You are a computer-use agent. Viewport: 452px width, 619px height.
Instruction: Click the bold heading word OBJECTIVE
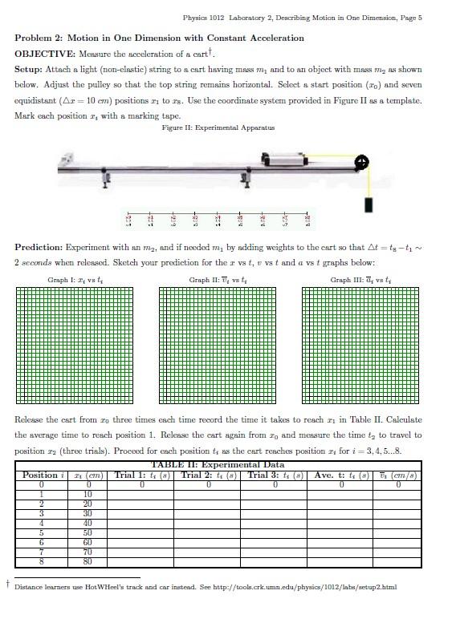point(43,54)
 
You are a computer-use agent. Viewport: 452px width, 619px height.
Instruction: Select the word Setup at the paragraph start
point(30,69)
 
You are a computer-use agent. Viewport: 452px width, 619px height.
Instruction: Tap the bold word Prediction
point(39,248)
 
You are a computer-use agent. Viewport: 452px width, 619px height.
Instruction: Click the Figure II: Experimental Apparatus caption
point(218,128)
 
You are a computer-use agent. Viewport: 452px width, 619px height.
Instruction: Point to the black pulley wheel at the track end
point(363,163)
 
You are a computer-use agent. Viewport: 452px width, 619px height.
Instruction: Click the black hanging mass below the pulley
point(369,204)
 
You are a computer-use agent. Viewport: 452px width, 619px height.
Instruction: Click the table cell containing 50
point(88,532)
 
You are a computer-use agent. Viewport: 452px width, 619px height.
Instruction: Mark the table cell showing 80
point(88,561)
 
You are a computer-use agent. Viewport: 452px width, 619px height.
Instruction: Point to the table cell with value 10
point(88,494)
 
